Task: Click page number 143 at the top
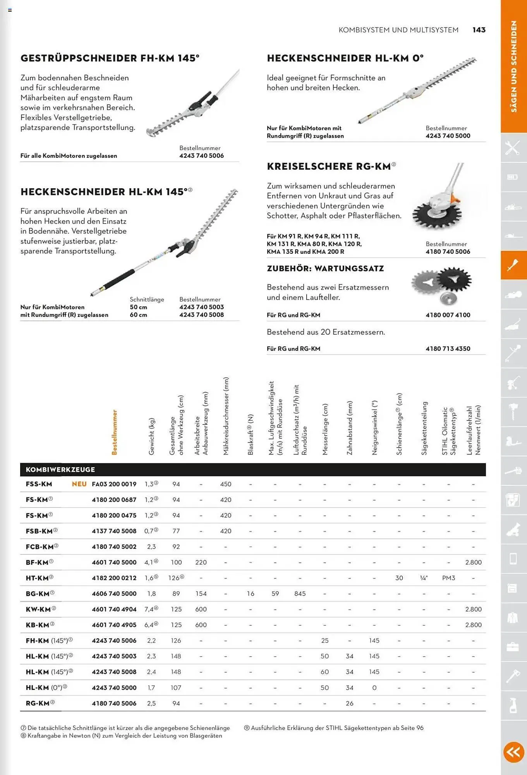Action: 479,30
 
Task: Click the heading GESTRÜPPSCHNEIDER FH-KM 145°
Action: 110,58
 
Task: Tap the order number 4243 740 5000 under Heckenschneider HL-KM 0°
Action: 448,136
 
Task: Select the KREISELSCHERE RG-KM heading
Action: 329,166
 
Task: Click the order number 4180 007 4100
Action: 448,315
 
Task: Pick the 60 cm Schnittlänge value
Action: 138,315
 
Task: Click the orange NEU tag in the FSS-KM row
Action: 79,484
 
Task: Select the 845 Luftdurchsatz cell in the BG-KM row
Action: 300,594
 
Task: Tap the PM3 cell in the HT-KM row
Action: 448,578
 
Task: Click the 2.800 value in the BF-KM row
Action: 473,562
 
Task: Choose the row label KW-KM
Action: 38,609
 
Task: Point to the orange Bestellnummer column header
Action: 114,432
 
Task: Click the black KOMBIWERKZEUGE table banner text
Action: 60,470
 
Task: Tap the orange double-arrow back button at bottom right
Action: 513,752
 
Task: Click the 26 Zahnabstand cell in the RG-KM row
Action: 349,703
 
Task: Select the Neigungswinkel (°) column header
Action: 374,428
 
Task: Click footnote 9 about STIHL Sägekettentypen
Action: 334,728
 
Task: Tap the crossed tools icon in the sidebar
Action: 513,148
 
